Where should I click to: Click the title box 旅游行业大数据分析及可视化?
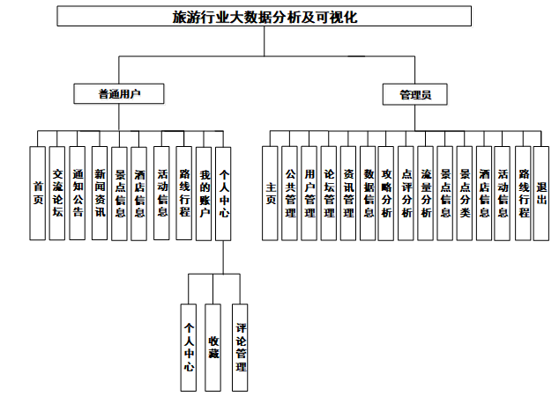279,17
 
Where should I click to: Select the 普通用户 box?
119,93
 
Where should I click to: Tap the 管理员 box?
414,93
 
